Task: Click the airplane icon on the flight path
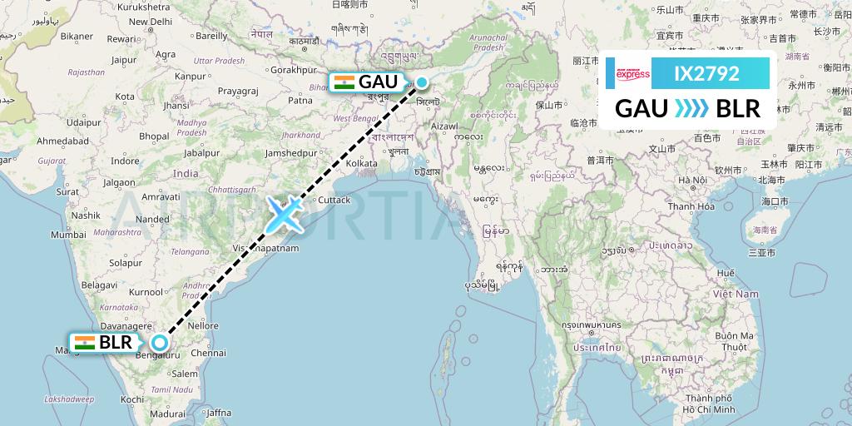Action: [x=284, y=215]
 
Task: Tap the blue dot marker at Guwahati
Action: [x=423, y=82]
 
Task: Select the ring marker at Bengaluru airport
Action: [x=159, y=342]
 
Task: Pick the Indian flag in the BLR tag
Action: [x=84, y=342]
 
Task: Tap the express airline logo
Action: [x=632, y=74]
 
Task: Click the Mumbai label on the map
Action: [x=68, y=235]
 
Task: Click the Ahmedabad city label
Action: [x=62, y=141]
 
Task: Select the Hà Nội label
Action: [x=692, y=181]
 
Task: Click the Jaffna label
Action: [x=218, y=411]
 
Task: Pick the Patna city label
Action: [x=300, y=101]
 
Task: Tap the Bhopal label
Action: [x=154, y=136]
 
